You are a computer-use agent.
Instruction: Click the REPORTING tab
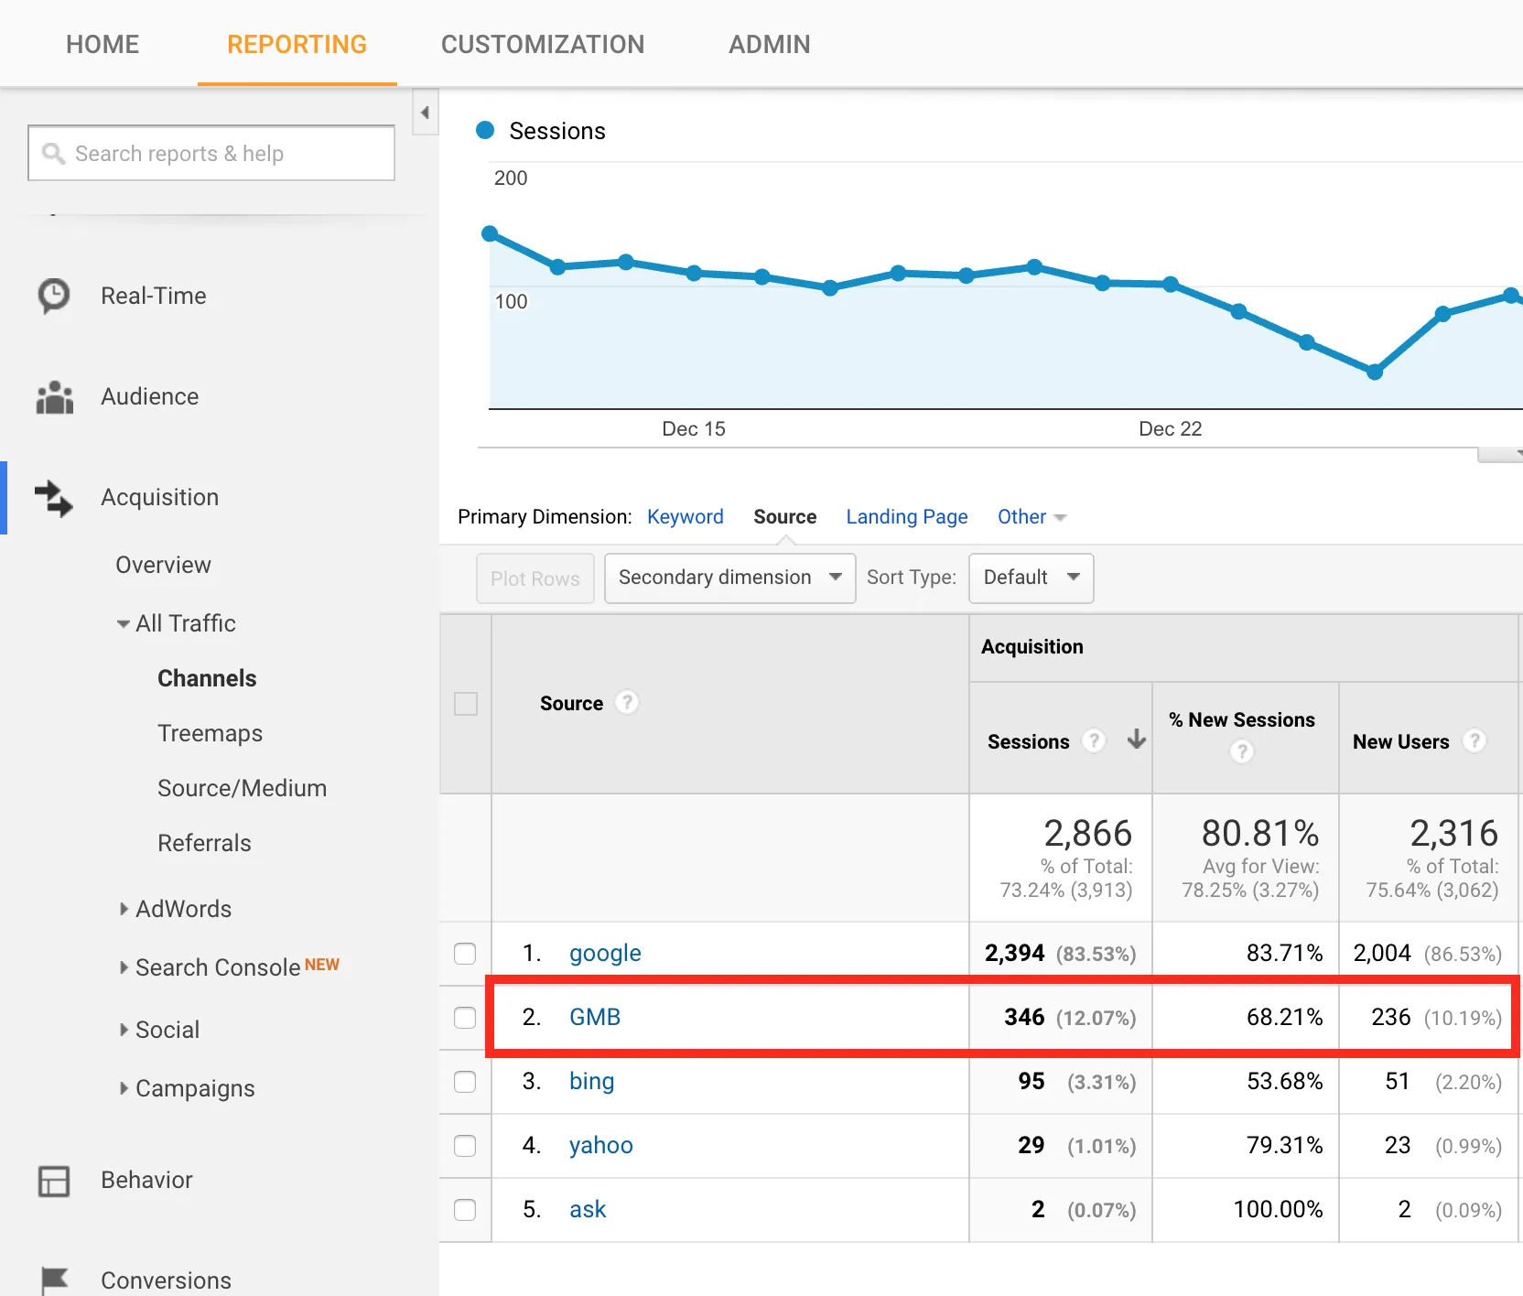(297, 44)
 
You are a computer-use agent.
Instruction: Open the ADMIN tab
(769, 44)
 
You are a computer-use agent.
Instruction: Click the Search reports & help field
(212, 153)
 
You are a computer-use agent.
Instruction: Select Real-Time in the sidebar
(153, 296)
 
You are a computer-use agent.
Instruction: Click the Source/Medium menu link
(242, 788)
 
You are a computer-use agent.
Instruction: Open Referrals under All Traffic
(204, 843)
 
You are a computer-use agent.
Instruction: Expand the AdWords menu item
(182, 909)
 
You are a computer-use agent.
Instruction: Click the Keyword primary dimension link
(685, 516)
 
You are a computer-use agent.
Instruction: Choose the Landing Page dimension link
(906, 516)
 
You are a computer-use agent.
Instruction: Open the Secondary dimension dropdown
(729, 578)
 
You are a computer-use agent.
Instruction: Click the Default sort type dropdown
(1031, 578)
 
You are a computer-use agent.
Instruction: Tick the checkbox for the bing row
(465, 1081)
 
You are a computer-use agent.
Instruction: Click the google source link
(605, 953)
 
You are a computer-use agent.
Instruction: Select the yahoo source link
(600, 1145)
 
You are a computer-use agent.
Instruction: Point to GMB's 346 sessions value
(1024, 1017)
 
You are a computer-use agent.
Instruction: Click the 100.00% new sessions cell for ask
(1278, 1209)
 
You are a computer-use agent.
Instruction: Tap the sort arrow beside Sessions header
(1136, 740)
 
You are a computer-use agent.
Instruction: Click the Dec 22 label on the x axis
(1170, 428)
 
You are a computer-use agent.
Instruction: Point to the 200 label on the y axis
(511, 178)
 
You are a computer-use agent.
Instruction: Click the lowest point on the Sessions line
(1374, 372)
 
